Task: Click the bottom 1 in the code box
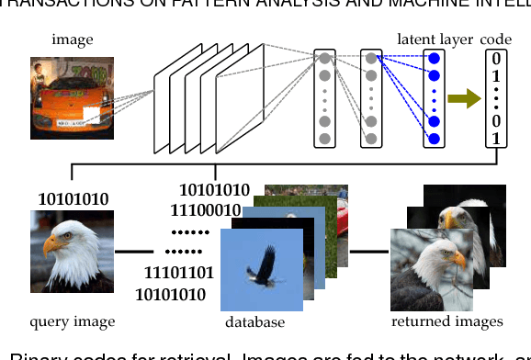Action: (x=496, y=138)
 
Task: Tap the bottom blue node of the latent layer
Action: (x=434, y=139)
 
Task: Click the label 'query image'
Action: (x=73, y=321)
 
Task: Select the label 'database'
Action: (x=254, y=322)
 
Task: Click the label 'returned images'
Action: (x=447, y=321)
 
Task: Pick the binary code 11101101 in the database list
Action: (x=179, y=273)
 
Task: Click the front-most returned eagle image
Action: (x=431, y=271)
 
